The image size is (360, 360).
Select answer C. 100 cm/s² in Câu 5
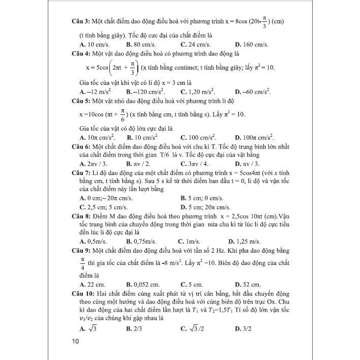click(198, 137)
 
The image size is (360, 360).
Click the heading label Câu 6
click(81, 146)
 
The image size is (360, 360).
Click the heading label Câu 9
click(81, 250)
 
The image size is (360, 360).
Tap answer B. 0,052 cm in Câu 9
click(142, 284)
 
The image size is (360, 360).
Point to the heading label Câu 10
click(83, 293)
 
